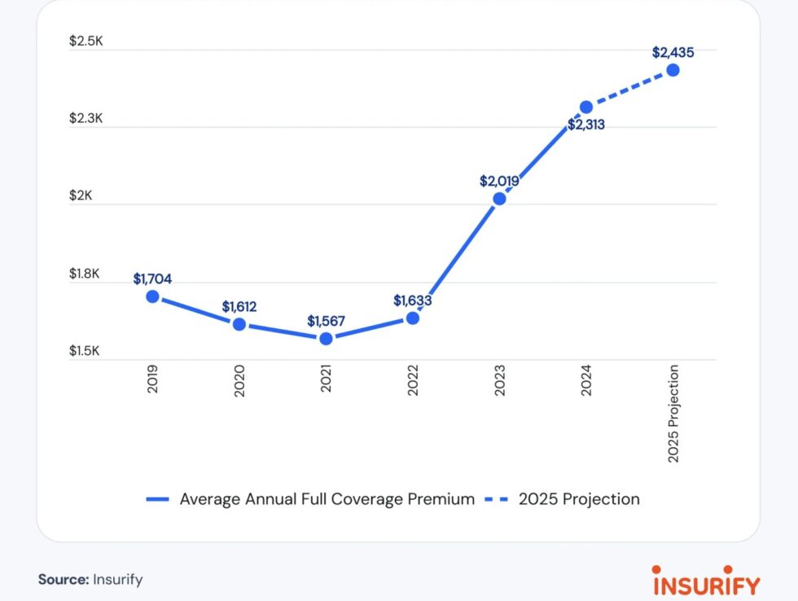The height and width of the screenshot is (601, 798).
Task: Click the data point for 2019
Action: [x=152, y=296]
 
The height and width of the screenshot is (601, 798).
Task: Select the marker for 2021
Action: [x=326, y=338]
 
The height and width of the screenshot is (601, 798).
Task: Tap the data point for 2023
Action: [x=499, y=198]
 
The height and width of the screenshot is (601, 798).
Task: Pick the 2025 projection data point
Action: [x=673, y=70]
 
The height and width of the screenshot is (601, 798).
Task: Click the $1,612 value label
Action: [x=239, y=307]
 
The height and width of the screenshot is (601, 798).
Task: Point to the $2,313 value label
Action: [x=585, y=125]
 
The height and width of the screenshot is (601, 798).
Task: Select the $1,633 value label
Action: [x=413, y=300]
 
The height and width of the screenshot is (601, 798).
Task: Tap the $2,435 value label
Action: [x=673, y=52]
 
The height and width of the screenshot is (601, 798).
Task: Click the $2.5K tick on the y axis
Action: [x=86, y=42]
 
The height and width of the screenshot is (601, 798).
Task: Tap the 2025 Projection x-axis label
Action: [x=673, y=415]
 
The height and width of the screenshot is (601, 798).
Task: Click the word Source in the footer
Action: [x=63, y=580]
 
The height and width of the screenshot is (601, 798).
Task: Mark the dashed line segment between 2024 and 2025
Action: [x=629, y=89]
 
